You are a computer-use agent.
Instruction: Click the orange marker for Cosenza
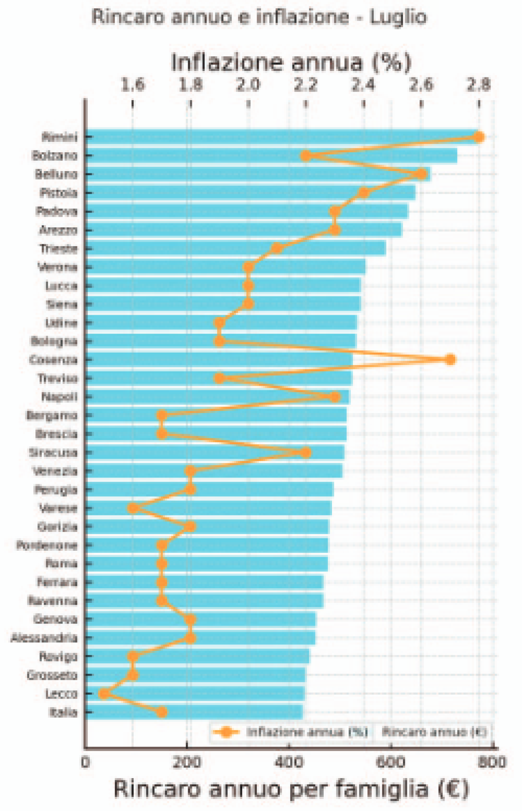click(x=450, y=360)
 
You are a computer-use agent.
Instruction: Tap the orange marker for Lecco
click(x=104, y=693)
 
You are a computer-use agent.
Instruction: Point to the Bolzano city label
click(x=54, y=156)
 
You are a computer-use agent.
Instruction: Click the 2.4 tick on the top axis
click(x=364, y=85)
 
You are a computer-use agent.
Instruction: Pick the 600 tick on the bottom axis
click(x=390, y=762)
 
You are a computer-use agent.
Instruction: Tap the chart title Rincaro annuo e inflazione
click(x=259, y=17)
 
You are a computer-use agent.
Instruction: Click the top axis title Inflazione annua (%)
click(x=291, y=62)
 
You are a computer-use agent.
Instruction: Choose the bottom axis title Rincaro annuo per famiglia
click(x=291, y=789)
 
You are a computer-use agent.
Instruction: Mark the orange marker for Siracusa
click(x=306, y=452)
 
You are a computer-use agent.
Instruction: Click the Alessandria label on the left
click(x=44, y=638)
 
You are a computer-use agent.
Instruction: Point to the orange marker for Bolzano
click(x=306, y=156)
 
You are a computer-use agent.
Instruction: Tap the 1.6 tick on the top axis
click(x=133, y=85)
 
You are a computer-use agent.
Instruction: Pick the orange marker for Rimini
click(x=479, y=137)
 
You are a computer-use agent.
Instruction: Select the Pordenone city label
click(x=47, y=545)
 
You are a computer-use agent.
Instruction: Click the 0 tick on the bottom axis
click(x=85, y=762)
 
